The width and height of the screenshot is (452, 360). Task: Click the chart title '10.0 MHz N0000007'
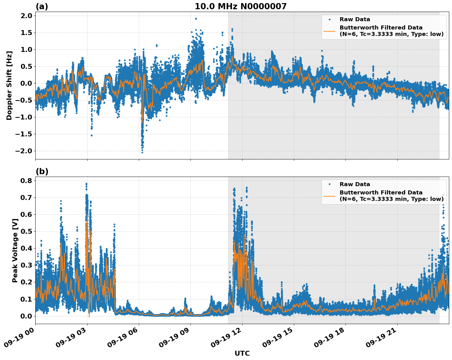(240, 6)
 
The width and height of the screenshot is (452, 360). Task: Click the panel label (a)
(42, 6)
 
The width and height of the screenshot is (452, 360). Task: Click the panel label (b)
(42, 171)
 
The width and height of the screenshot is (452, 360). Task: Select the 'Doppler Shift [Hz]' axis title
(9, 85)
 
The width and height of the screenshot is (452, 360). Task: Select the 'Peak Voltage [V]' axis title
(15, 250)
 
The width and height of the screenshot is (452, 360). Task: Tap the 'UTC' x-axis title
(242, 353)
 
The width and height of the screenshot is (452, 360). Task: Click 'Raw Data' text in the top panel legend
(355, 20)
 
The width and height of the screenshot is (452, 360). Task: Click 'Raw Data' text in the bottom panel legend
(355, 184)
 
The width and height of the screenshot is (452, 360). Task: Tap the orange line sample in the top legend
(329, 31)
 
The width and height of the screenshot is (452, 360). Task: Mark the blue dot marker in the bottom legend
(329, 184)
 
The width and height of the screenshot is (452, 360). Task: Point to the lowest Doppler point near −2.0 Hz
(142, 152)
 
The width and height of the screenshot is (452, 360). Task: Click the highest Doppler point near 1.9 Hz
(196, 19)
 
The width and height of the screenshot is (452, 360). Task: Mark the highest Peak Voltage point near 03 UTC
(86, 184)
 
